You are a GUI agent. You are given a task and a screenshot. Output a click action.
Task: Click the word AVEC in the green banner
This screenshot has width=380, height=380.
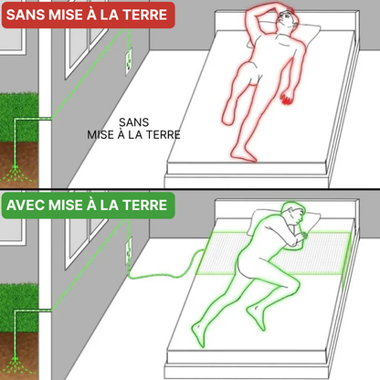pyautogui.click(x=32, y=207)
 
